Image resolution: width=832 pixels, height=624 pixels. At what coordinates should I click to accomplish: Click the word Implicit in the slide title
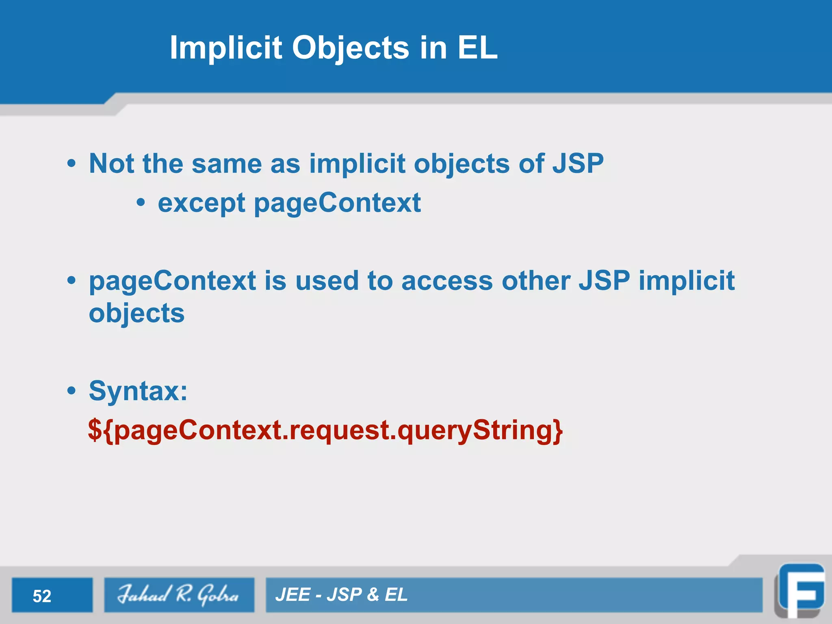coord(226,48)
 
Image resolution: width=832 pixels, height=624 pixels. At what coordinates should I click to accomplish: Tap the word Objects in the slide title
coord(351,48)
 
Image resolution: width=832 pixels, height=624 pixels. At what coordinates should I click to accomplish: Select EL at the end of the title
coord(477,48)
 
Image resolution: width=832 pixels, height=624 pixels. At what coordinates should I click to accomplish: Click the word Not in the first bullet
coord(111,164)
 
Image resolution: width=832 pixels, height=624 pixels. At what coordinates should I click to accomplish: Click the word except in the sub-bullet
coord(201,203)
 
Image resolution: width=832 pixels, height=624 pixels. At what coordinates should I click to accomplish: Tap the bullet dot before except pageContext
coord(141,202)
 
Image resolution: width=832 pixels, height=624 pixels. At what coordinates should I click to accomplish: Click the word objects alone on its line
coord(136,314)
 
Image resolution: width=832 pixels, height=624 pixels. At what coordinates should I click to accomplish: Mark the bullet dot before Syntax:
coord(71,391)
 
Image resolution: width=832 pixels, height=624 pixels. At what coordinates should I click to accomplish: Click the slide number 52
coord(42,596)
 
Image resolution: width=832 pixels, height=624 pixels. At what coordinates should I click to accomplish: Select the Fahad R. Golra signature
coord(179,595)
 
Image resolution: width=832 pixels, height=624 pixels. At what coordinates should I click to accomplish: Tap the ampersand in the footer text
coord(373,595)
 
